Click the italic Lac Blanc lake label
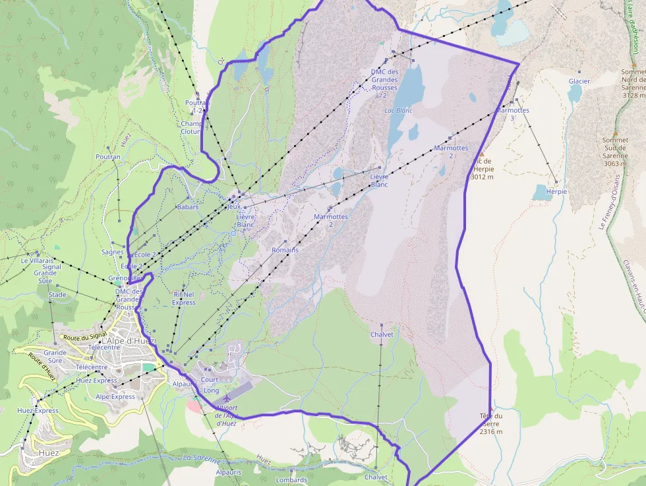pyautogui.click(x=398, y=110)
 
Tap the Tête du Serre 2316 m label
pyautogui.click(x=491, y=424)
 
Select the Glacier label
pyautogui.click(x=579, y=81)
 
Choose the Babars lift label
pyautogui.click(x=188, y=207)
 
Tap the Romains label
pyautogui.click(x=285, y=250)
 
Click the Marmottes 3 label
pyautogui.click(x=512, y=114)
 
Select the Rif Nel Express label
pyautogui.click(x=184, y=298)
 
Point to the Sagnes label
pyautogui.click(x=113, y=252)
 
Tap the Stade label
pyautogui.click(x=57, y=295)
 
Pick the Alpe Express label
pyautogui.click(x=115, y=397)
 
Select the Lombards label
pyautogui.click(x=291, y=480)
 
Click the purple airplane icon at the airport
pyautogui.click(x=227, y=398)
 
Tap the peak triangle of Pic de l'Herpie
pyautogui.click(x=481, y=153)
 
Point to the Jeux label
pyautogui.click(x=233, y=206)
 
